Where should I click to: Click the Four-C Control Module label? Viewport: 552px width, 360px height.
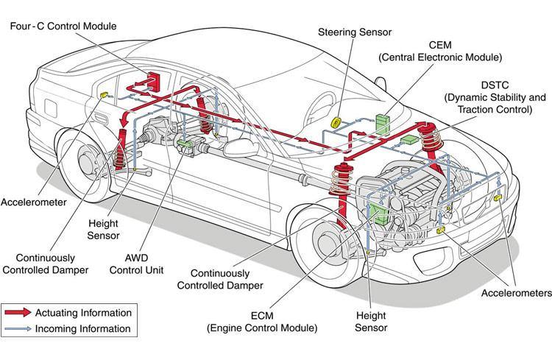click(x=63, y=27)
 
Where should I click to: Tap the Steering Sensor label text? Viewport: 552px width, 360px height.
click(x=355, y=32)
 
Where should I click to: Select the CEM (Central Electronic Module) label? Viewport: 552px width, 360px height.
click(x=450, y=50)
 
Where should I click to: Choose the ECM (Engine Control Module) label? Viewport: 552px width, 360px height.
click(x=262, y=320)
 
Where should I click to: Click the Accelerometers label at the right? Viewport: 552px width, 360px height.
click(x=514, y=293)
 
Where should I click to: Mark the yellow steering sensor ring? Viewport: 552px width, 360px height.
click(x=337, y=121)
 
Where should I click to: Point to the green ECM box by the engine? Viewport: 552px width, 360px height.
click(x=379, y=211)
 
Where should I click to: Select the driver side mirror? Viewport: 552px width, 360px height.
click(x=242, y=148)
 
